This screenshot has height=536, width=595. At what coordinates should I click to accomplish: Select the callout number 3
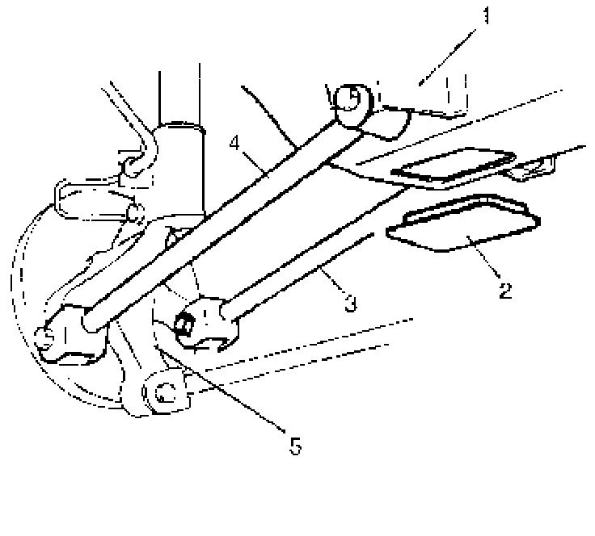[x=349, y=303]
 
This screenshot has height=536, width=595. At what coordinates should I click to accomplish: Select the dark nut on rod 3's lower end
[x=183, y=324]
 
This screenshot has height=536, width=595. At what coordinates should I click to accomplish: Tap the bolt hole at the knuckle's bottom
[x=165, y=393]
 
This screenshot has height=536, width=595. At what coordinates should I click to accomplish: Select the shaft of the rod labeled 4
[x=218, y=218]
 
